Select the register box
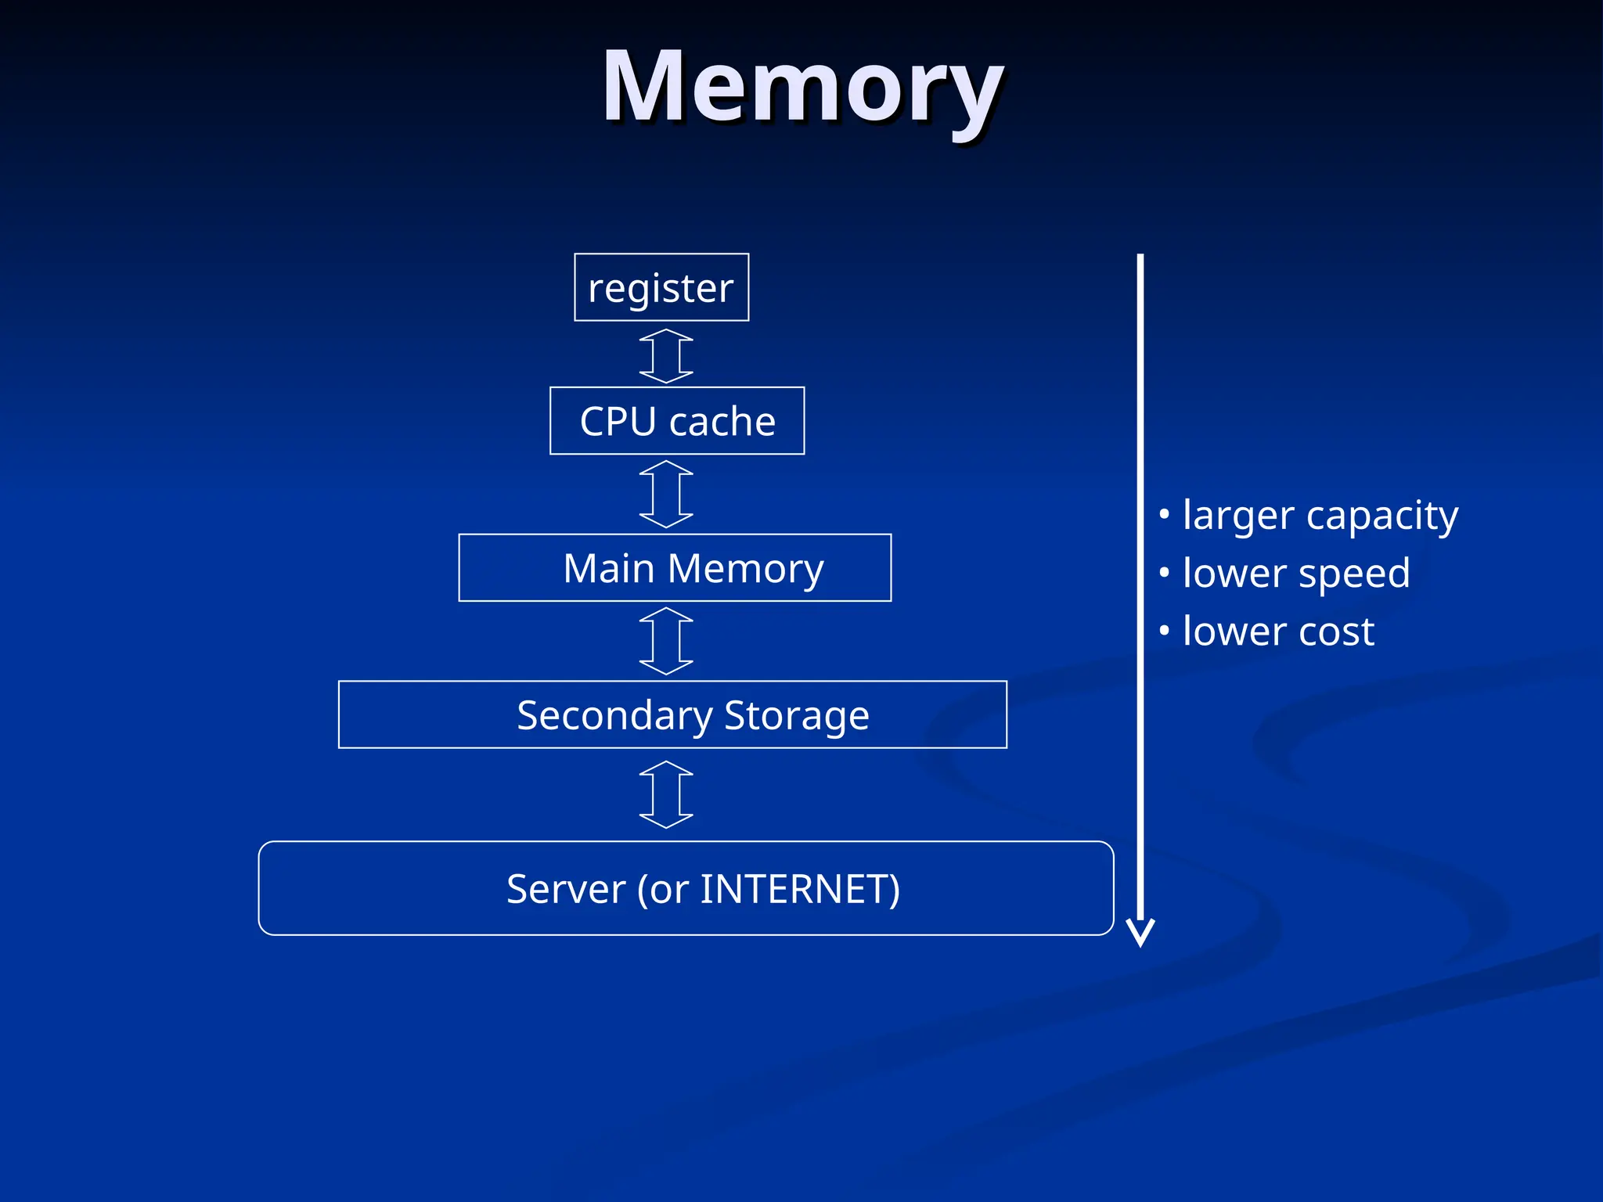click(x=661, y=287)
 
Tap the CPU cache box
click(x=677, y=421)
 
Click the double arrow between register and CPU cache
click(x=666, y=356)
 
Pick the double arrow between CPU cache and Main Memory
click(x=666, y=495)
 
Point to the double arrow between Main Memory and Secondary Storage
click(x=666, y=641)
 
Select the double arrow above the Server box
click(x=666, y=794)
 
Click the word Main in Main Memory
click(x=608, y=568)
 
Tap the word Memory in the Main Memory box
click(x=745, y=568)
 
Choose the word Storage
click(x=796, y=716)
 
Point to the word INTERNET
click(x=793, y=889)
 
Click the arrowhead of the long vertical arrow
click(x=1140, y=933)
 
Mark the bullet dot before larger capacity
click(x=1165, y=514)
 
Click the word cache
click(x=722, y=421)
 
